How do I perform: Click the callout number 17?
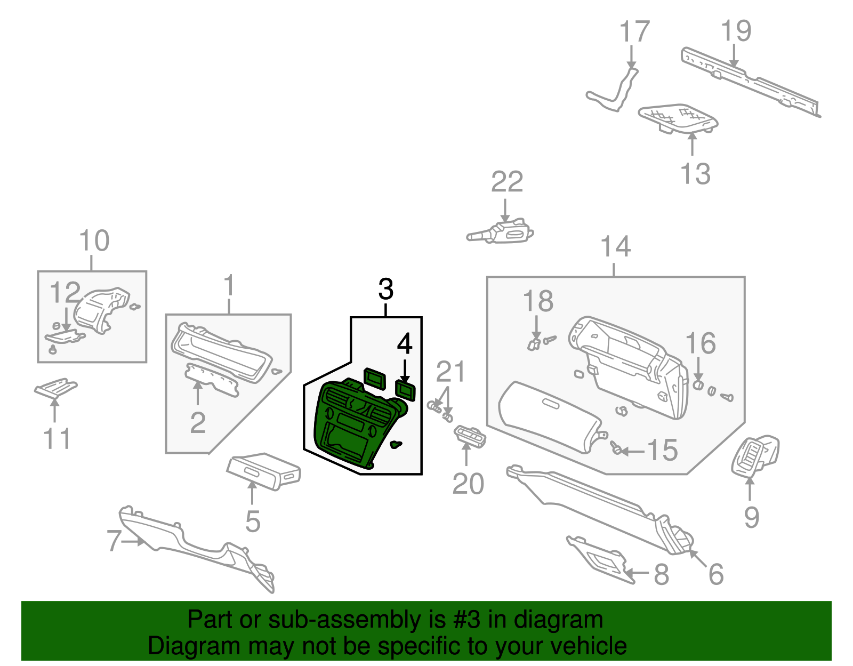634,32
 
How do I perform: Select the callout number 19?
736,31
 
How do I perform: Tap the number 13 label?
695,174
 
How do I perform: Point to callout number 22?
506,182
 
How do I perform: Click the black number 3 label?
385,290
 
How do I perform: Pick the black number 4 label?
405,344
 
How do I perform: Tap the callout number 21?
450,372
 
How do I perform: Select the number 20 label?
468,484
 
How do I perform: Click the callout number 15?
662,451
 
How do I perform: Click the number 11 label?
57,439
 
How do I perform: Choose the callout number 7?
114,540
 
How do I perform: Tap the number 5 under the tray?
253,521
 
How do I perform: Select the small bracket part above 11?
55,388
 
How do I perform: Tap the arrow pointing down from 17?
631,56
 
